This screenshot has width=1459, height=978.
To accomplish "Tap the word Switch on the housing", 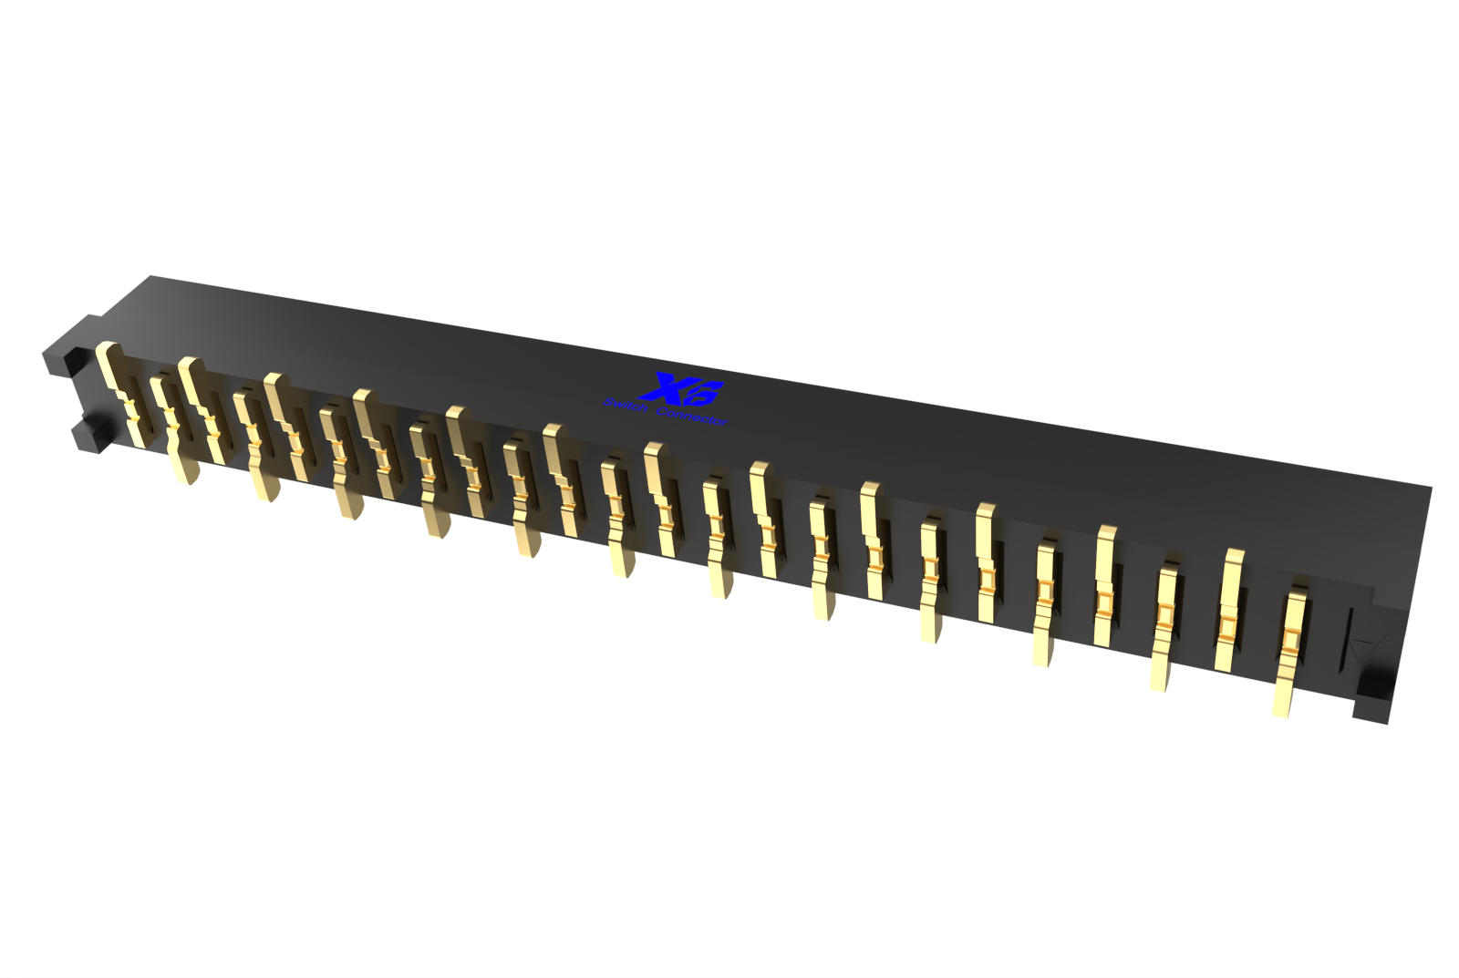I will [x=626, y=406].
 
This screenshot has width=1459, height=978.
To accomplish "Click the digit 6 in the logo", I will [x=703, y=393].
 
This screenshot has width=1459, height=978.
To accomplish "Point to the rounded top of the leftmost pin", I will [x=107, y=349].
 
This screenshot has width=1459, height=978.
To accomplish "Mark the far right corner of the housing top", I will [x=1430, y=488].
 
